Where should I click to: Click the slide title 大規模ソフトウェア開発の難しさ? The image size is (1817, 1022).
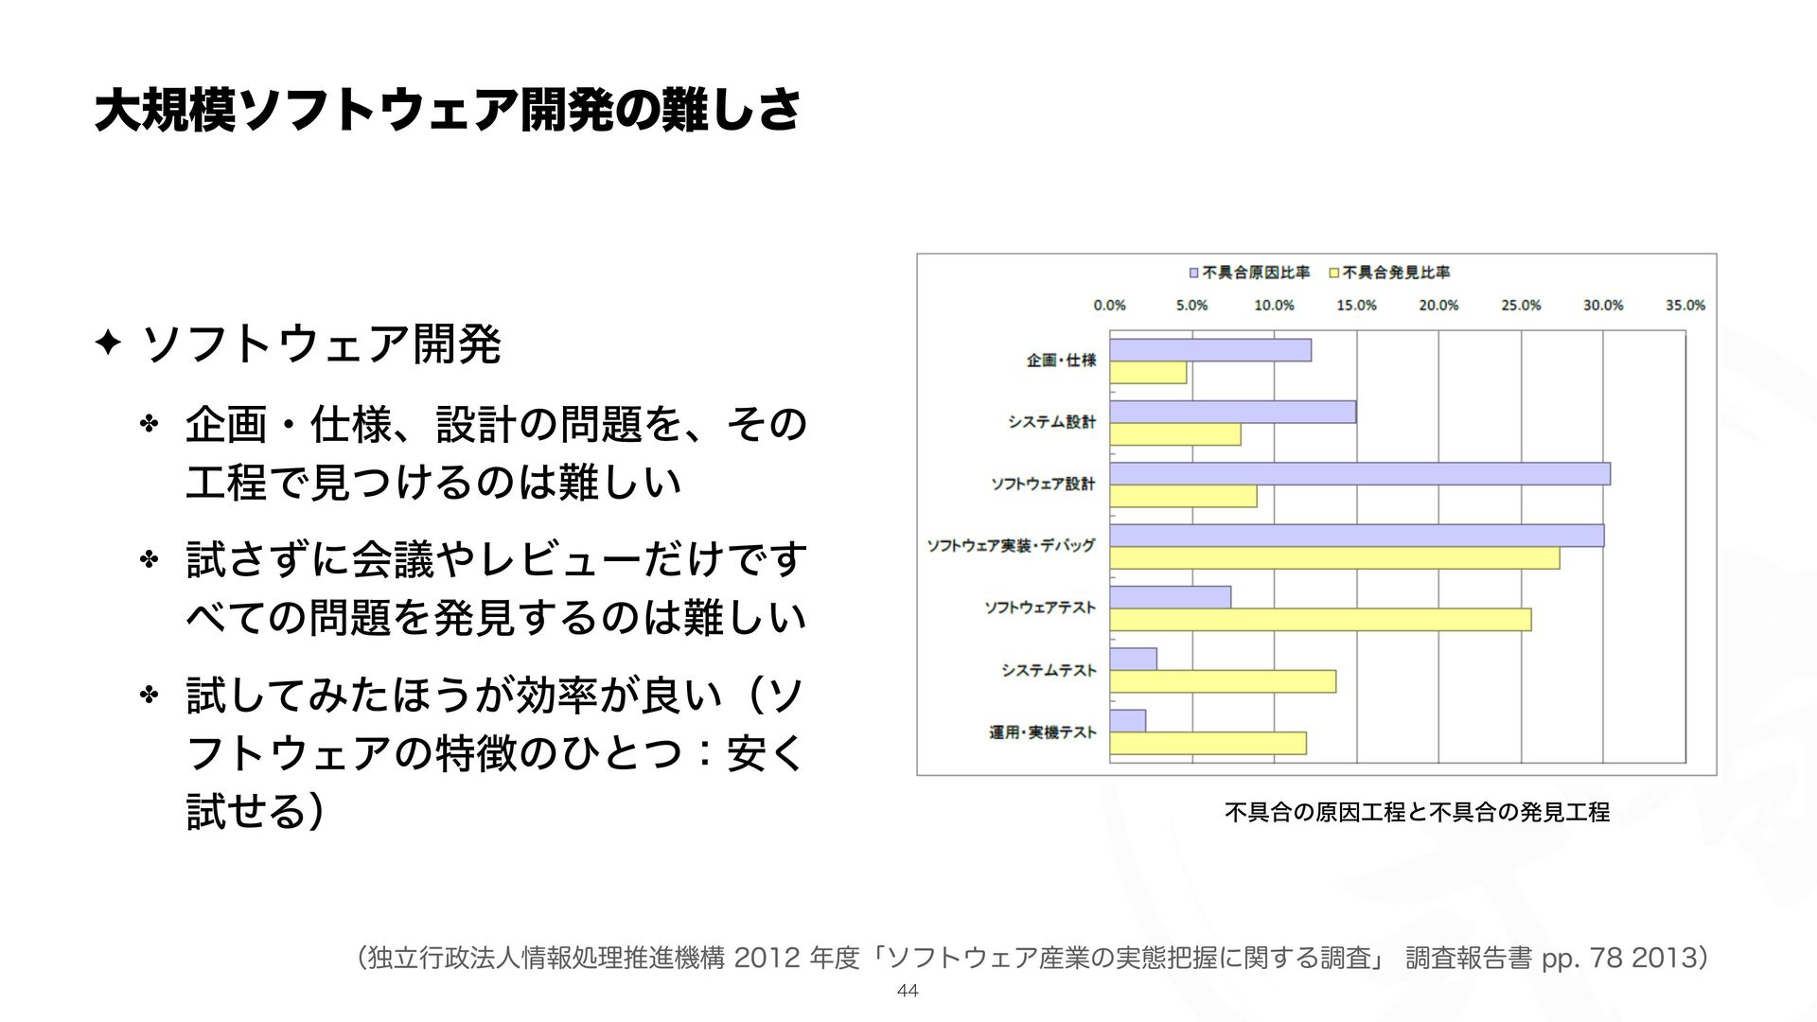pyautogui.click(x=447, y=111)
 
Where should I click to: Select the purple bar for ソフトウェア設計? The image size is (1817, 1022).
pyautogui.click(x=1360, y=474)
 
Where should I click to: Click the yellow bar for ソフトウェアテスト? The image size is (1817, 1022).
pyautogui.click(x=1320, y=620)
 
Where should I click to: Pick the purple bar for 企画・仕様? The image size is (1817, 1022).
pyautogui.click(x=1210, y=350)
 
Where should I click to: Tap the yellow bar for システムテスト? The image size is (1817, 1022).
pyautogui.click(x=1223, y=681)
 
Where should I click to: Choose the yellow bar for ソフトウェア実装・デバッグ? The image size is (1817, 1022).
pyautogui.click(x=1334, y=558)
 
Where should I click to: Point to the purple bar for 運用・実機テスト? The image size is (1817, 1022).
pyautogui.click(x=1128, y=721)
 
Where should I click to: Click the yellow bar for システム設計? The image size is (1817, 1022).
pyautogui.click(x=1175, y=434)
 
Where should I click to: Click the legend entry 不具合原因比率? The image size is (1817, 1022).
pyautogui.click(x=1249, y=273)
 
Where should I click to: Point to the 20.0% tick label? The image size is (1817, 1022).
pyautogui.click(x=1438, y=306)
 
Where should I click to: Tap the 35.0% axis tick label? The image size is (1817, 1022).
pyautogui.click(x=1685, y=306)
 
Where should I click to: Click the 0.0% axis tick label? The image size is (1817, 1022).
pyautogui.click(x=1109, y=306)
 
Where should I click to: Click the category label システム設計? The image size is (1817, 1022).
pyautogui.click(x=1051, y=422)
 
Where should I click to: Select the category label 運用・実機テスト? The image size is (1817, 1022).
pyautogui.click(x=1043, y=732)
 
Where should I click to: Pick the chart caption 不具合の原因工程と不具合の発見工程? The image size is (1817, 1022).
pyautogui.click(x=1417, y=812)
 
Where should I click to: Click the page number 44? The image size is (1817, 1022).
pyautogui.click(x=908, y=991)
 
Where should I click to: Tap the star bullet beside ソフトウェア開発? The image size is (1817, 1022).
pyautogui.click(x=107, y=343)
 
